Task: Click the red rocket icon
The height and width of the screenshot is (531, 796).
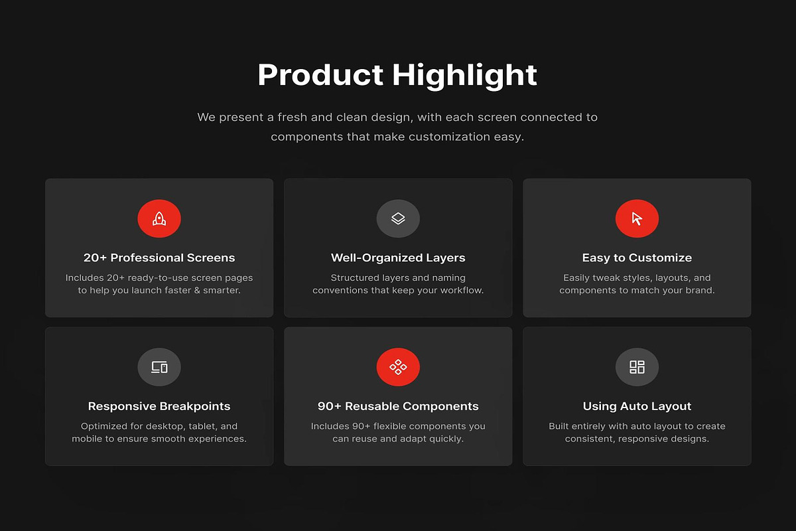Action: pos(159,218)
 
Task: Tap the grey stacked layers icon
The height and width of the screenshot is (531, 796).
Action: pos(398,218)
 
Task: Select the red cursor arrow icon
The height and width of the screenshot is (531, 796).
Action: pos(637,218)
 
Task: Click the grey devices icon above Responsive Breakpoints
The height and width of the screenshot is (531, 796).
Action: pos(159,367)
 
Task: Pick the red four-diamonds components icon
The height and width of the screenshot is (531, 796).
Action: pos(398,367)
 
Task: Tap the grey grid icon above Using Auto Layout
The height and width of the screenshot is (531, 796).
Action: pos(637,367)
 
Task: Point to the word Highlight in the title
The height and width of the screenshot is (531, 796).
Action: pos(464,75)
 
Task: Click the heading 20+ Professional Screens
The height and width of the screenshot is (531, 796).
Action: pos(159,258)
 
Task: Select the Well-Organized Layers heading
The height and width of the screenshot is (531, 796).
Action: pos(398,258)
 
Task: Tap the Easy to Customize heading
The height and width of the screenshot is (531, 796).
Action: pos(637,258)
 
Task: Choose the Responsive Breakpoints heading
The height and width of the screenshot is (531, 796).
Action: pos(159,406)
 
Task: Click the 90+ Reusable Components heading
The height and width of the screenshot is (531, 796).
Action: pos(398,406)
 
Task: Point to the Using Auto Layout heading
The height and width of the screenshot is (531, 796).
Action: pos(637,406)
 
